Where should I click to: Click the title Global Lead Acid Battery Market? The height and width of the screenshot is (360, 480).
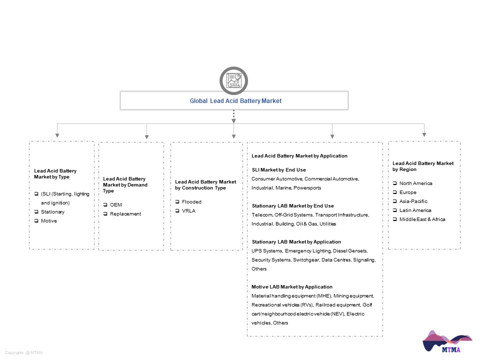pyautogui.click(x=235, y=100)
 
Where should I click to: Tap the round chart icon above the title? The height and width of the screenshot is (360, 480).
pyautogui.click(x=233, y=80)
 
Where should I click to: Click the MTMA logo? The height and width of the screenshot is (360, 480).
pyautogui.click(x=447, y=341)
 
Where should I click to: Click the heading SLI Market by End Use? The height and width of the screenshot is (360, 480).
pyautogui.click(x=279, y=170)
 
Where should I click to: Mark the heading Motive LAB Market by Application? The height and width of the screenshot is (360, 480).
pyautogui.click(x=291, y=287)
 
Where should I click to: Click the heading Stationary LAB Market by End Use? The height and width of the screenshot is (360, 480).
pyautogui.click(x=293, y=205)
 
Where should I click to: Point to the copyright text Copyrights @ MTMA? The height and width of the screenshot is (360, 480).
pyautogui.click(x=24, y=352)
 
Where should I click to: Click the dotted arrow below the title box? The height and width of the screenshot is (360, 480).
pyautogui.click(x=233, y=116)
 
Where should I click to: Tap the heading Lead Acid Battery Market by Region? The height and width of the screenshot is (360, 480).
pyautogui.click(x=423, y=166)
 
